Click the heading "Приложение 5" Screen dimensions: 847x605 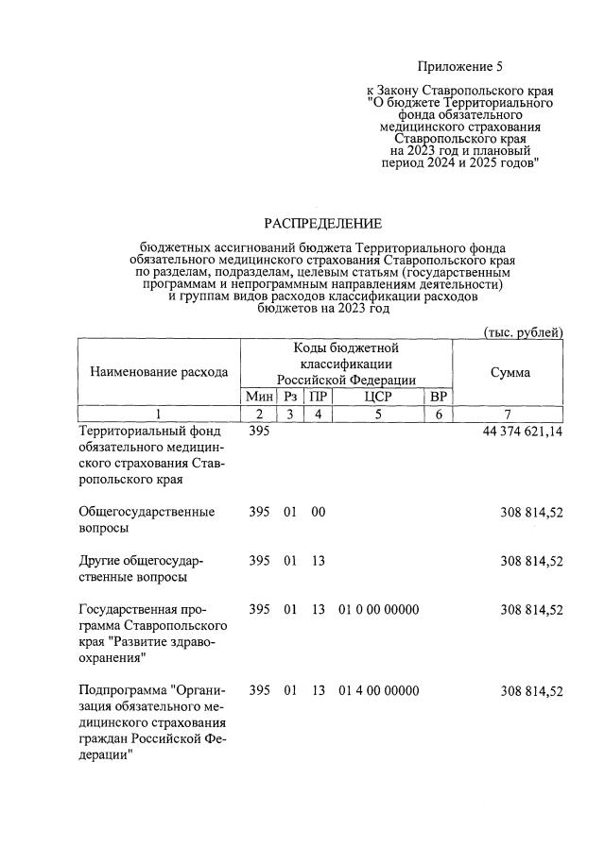pos(460,67)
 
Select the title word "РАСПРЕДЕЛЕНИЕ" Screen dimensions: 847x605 pos(323,224)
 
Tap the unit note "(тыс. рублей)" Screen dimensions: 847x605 pos(523,332)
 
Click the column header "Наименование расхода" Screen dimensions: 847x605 pos(159,372)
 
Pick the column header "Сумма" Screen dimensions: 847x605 pos(510,372)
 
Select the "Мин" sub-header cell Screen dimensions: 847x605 pos(259,397)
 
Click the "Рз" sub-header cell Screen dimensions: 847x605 pos(290,397)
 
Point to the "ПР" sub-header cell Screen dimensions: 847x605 pos(319,397)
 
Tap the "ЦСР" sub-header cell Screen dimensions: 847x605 pos(377,397)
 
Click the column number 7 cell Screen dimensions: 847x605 pos(510,414)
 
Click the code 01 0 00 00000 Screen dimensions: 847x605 pos(378,610)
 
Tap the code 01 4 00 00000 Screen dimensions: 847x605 pos(378,691)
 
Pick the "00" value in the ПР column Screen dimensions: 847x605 pos(319,512)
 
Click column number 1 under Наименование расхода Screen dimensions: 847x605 pos(159,414)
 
